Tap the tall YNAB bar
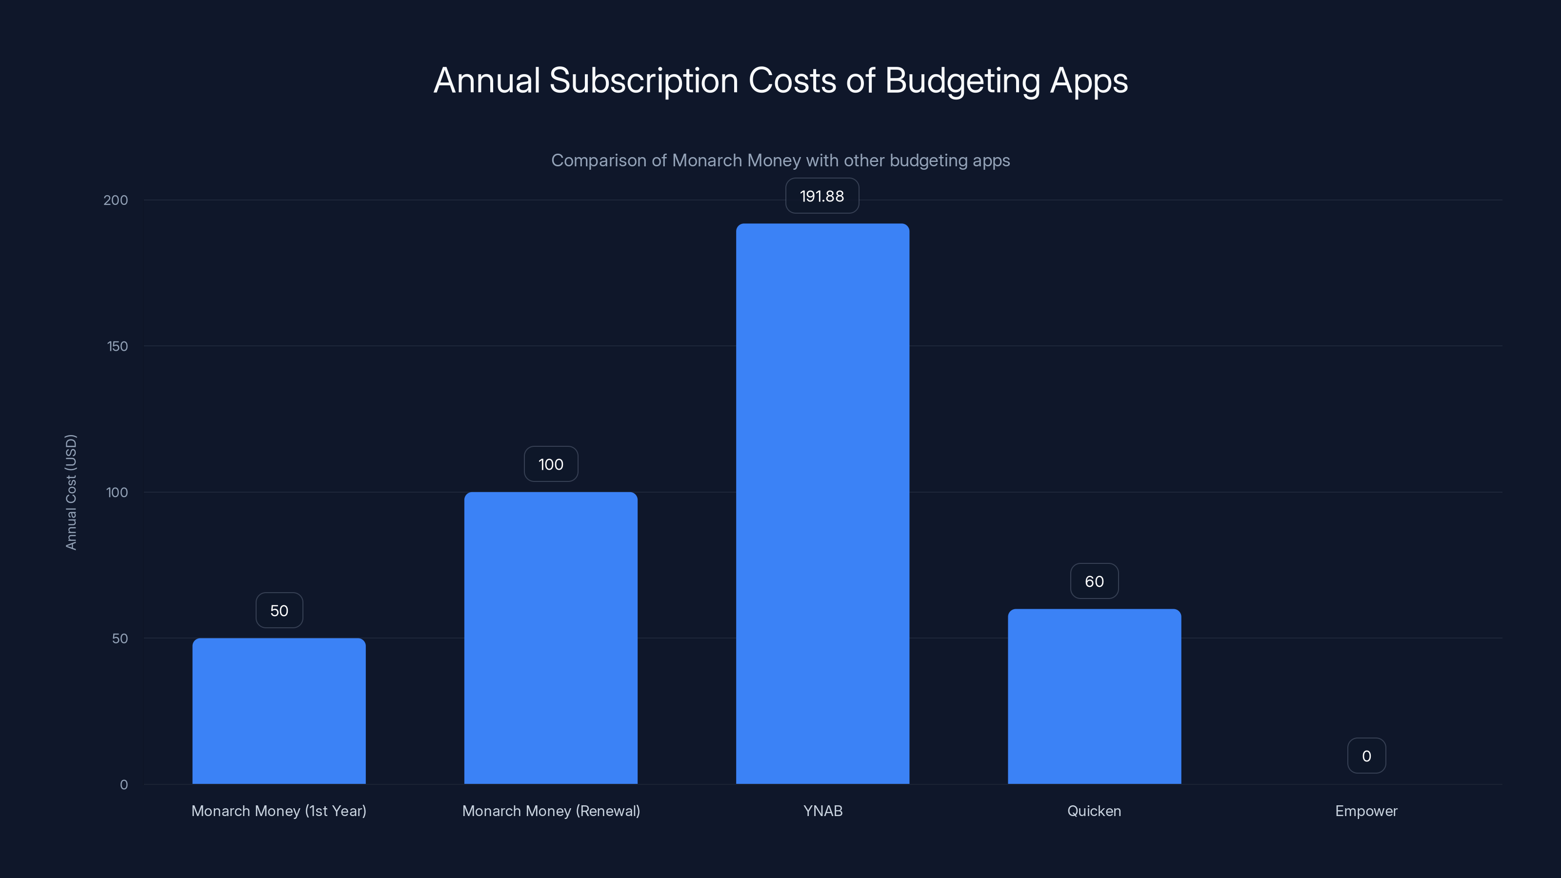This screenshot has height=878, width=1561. [x=822, y=503]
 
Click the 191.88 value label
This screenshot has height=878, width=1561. [x=821, y=196]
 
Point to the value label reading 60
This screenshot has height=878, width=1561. [x=1094, y=581]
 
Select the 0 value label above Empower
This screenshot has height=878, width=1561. [x=1366, y=756]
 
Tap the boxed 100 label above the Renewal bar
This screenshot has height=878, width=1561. [x=550, y=464]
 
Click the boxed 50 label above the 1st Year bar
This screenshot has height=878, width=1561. [x=279, y=610]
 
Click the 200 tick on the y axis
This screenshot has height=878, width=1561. [x=115, y=200]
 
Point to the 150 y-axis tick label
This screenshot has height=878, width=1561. [x=117, y=346]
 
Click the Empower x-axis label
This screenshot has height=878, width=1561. [x=1366, y=811]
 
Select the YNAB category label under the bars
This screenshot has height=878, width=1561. [x=822, y=811]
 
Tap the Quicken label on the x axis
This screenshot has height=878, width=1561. [x=1094, y=811]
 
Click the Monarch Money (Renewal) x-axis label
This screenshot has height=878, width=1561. [x=550, y=811]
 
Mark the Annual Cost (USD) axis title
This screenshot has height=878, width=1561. [x=71, y=492]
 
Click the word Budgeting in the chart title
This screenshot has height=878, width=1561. [x=962, y=80]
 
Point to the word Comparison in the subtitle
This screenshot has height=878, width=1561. [x=598, y=160]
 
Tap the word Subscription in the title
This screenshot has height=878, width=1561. [x=643, y=80]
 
